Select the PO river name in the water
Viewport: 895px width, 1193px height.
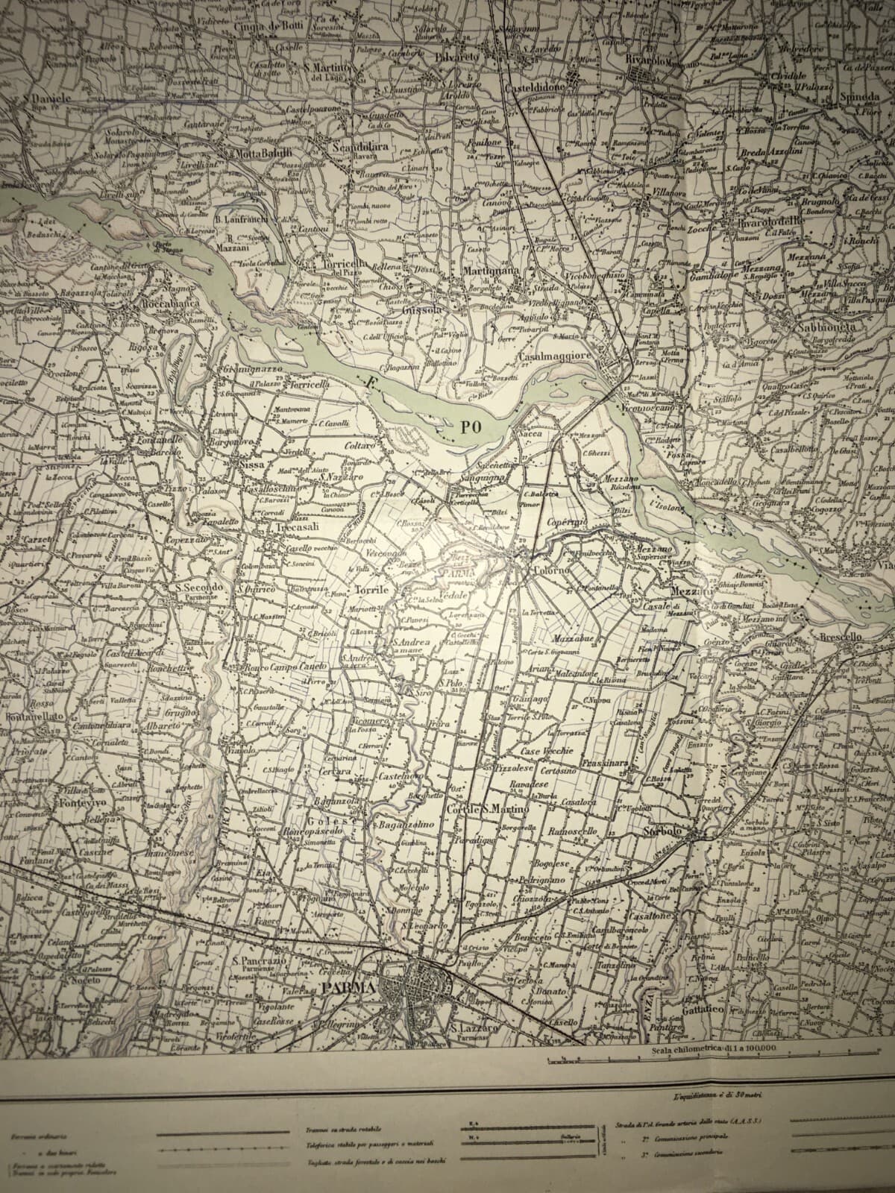point(468,426)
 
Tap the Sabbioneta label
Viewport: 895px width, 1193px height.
point(827,327)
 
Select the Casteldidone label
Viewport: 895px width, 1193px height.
point(538,87)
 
